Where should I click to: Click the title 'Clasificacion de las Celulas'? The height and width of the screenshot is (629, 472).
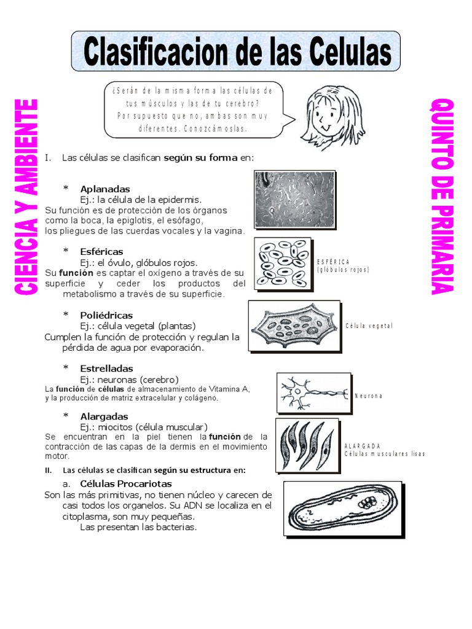[x=236, y=53]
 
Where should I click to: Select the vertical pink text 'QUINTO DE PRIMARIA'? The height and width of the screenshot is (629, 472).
[x=441, y=196]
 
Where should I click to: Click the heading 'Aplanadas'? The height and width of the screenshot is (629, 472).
[x=104, y=189]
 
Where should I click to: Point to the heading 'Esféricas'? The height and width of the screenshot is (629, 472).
[x=101, y=251]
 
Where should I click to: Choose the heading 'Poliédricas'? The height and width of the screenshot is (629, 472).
[x=106, y=315]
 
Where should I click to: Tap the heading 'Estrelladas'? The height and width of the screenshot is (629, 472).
[x=106, y=369]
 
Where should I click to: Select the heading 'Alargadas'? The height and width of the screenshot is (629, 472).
[x=104, y=416]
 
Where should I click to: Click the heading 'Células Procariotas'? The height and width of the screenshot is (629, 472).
[x=126, y=484]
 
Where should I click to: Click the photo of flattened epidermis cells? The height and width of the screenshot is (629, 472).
[x=294, y=199]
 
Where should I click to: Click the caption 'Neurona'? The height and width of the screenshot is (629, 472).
[x=368, y=396]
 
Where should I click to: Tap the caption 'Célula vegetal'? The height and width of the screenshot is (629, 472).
[x=369, y=326]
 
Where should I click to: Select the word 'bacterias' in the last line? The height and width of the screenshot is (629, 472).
[x=176, y=527]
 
